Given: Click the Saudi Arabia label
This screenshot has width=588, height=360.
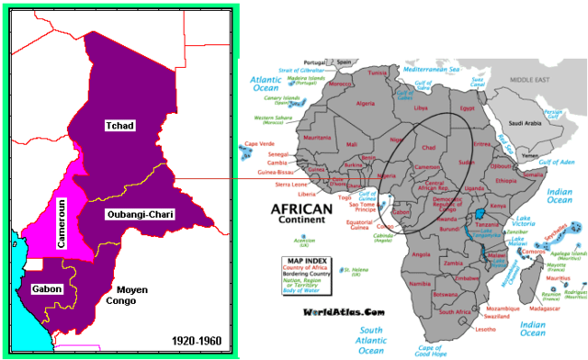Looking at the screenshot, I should tap(529, 122).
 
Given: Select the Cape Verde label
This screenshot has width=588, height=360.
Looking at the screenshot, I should tap(260, 144).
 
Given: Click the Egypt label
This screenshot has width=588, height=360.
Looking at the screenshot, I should tap(466, 108).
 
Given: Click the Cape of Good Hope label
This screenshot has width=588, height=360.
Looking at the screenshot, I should tap(435, 349).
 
